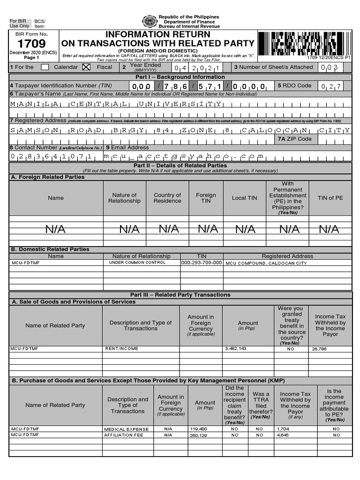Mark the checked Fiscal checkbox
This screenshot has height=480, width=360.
86,67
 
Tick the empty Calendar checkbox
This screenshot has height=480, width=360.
45,67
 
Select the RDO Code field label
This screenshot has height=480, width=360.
294,86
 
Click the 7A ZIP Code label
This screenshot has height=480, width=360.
295,139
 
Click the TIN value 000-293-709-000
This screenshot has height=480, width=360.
202,263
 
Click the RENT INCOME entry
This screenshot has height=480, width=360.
121,349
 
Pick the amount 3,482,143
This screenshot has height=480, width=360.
236,349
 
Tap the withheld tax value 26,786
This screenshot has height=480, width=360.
319,349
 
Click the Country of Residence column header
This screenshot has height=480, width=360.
167,198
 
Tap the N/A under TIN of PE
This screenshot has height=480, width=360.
329,229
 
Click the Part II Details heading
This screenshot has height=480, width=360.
180,165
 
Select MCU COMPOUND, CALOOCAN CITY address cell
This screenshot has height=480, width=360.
266,263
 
